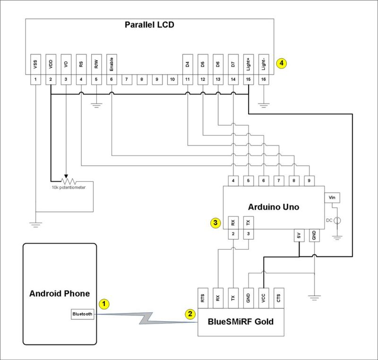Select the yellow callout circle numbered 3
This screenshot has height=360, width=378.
point(215,222)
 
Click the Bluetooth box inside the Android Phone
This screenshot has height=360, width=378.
point(83,314)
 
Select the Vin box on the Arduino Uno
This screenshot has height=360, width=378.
point(332,197)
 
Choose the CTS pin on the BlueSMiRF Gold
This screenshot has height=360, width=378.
point(279,298)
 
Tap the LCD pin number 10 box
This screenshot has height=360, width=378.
point(172,79)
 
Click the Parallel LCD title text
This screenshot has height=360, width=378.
point(149,25)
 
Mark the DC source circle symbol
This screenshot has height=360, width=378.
point(336,220)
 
